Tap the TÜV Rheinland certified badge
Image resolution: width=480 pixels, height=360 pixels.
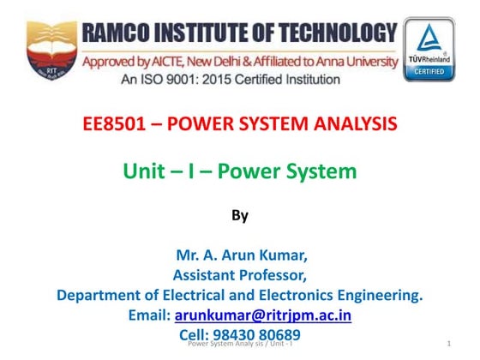430,49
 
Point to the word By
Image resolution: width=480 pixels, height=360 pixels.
240,216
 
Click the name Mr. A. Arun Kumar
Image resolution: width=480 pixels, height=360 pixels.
240,256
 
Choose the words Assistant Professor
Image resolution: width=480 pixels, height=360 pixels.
240,275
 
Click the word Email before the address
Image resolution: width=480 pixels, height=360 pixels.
149,315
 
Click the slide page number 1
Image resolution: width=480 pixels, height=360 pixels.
449,344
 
